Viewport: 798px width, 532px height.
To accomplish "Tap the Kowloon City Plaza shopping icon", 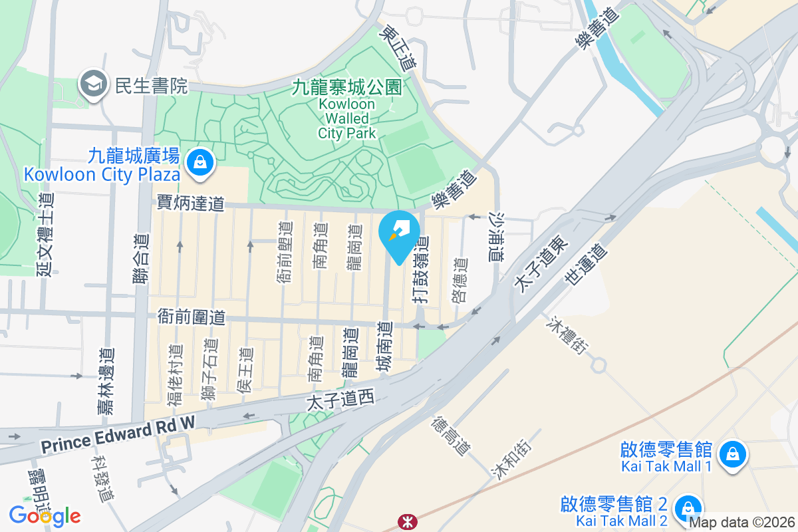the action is (199, 162).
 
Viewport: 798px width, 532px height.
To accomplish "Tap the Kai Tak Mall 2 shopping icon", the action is (686, 509).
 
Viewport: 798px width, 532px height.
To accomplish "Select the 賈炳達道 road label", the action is (190, 203).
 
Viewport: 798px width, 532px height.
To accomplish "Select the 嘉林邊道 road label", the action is (105, 382).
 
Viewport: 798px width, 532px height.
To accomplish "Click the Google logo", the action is (45, 515).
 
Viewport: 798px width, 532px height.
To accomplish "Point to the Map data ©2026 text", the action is (741, 523).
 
